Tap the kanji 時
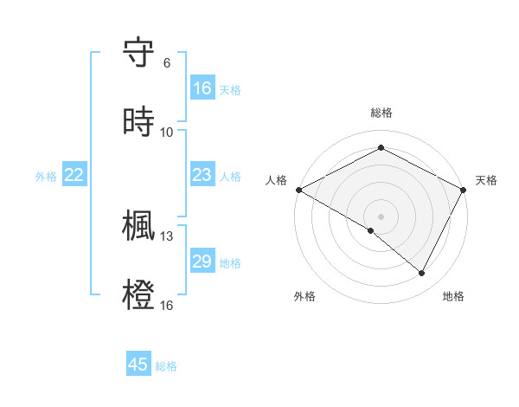pos(139,121)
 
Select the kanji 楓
pos(139,226)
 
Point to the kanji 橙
pos(139,294)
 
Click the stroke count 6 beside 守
pos(166,63)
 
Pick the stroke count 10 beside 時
pos(167,132)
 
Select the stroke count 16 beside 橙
pos(167,304)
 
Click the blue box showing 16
pos(202,88)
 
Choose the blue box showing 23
pos(202,176)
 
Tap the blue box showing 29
pos(202,262)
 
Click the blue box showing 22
pos(74,176)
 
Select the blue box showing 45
pos(138,365)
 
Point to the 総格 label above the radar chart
pos(381,113)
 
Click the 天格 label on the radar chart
pos(487,180)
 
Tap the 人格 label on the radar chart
pos(276,180)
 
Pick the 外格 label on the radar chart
pos(304,297)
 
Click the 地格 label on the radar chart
pos(453,297)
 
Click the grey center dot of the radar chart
pos(381,216)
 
